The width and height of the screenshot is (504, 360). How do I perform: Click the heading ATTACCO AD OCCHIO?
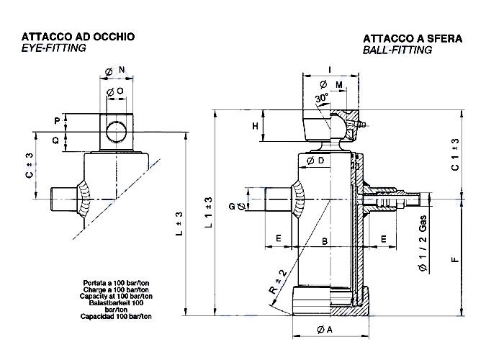tap(78, 36)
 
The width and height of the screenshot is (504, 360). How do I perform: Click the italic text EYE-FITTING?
tap(54, 48)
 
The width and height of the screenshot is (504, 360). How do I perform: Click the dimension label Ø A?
tap(325, 330)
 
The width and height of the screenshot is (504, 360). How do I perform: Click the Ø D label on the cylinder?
tap(315, 160)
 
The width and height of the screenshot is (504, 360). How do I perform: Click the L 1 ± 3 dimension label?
tap(208, 213)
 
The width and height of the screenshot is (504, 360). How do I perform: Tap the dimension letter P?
tap(56, 120)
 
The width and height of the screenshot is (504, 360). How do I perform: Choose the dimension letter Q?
tap(56, 140)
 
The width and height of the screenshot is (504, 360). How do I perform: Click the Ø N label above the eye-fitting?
tap(116, 70)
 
